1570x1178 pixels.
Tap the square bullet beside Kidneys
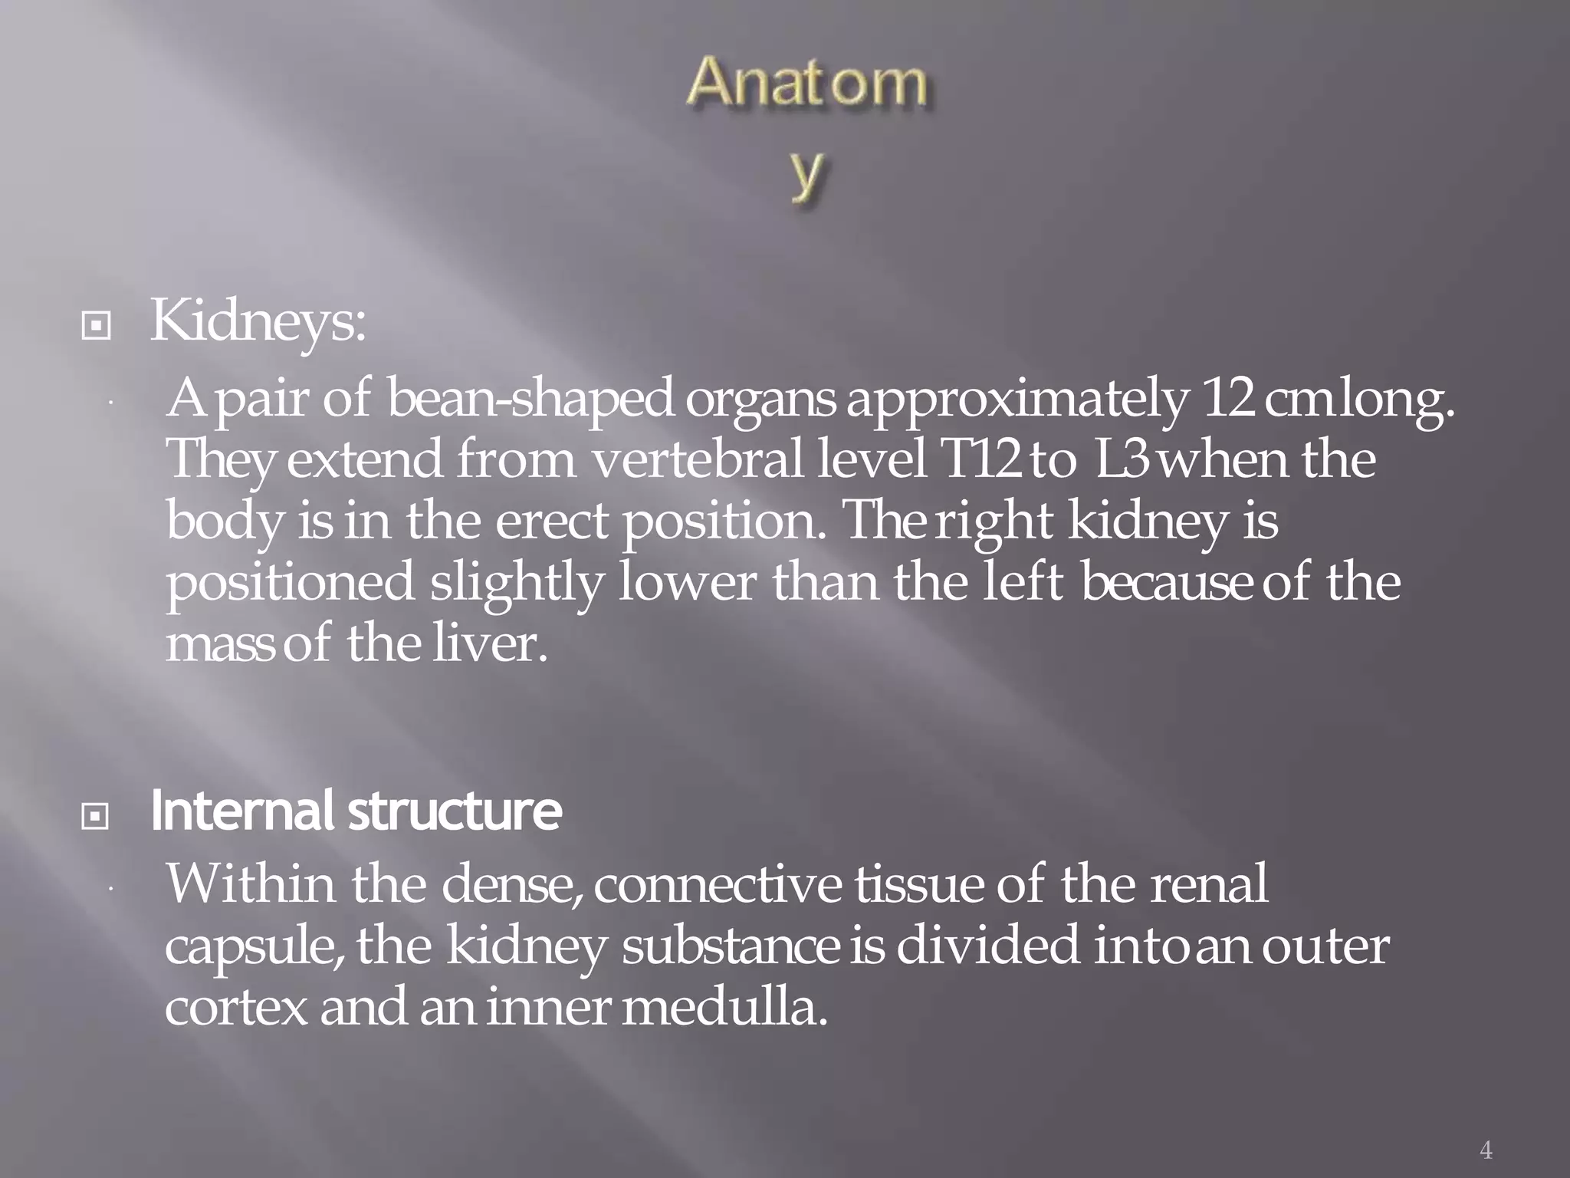pos(96,327)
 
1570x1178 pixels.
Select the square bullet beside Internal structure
pos(96,817)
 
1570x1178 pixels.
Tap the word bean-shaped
pos(530,400)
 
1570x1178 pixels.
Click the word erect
pos(552,522)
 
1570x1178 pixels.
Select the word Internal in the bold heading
pos(242,811)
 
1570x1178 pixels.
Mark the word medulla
pos(724,1007)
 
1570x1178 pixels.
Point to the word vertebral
pos(698,459)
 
